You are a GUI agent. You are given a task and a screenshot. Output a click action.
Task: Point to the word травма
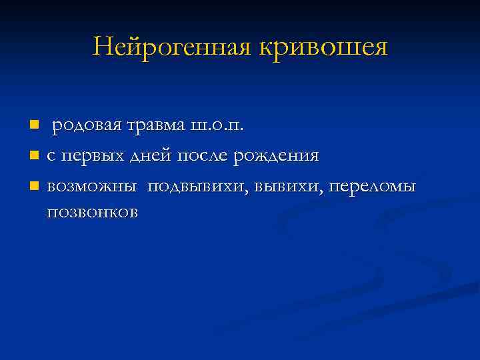tap(147, 125)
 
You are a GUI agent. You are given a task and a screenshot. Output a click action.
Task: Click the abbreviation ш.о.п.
tap(216, 125)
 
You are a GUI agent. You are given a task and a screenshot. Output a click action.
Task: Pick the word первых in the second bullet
tap(85, 157)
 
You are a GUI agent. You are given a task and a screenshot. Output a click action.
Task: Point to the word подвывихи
tap(199, 187)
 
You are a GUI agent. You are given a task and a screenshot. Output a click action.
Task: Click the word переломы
tap(373, 187)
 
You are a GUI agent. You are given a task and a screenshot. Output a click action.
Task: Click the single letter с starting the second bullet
tap(51, 157)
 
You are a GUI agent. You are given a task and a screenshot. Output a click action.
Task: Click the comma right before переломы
tap(328, 192)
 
